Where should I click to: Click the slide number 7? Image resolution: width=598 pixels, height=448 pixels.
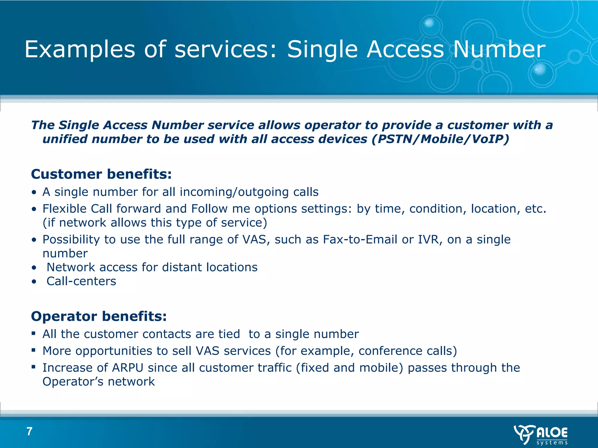click(29, 431)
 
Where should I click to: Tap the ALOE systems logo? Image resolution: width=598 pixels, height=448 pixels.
click(540, 435)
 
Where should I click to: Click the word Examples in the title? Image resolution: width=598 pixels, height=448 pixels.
click(80, 50)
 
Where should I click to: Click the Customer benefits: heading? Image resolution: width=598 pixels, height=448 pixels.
click(101, 174)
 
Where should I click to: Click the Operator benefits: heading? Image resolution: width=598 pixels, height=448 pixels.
click(99, 316)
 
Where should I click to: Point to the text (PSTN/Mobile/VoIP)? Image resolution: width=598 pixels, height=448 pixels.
click(440, 139)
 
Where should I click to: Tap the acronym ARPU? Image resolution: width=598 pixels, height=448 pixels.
click(128, 368)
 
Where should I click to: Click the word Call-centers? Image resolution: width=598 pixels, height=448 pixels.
click(81, 281)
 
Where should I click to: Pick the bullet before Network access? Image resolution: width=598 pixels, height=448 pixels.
click(34, 267)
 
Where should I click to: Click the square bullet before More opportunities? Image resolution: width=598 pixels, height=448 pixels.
click(34, 350)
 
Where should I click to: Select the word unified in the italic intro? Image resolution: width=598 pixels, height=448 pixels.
click(65, 139)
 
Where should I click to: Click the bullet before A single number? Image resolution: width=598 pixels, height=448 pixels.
click(34, 192)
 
